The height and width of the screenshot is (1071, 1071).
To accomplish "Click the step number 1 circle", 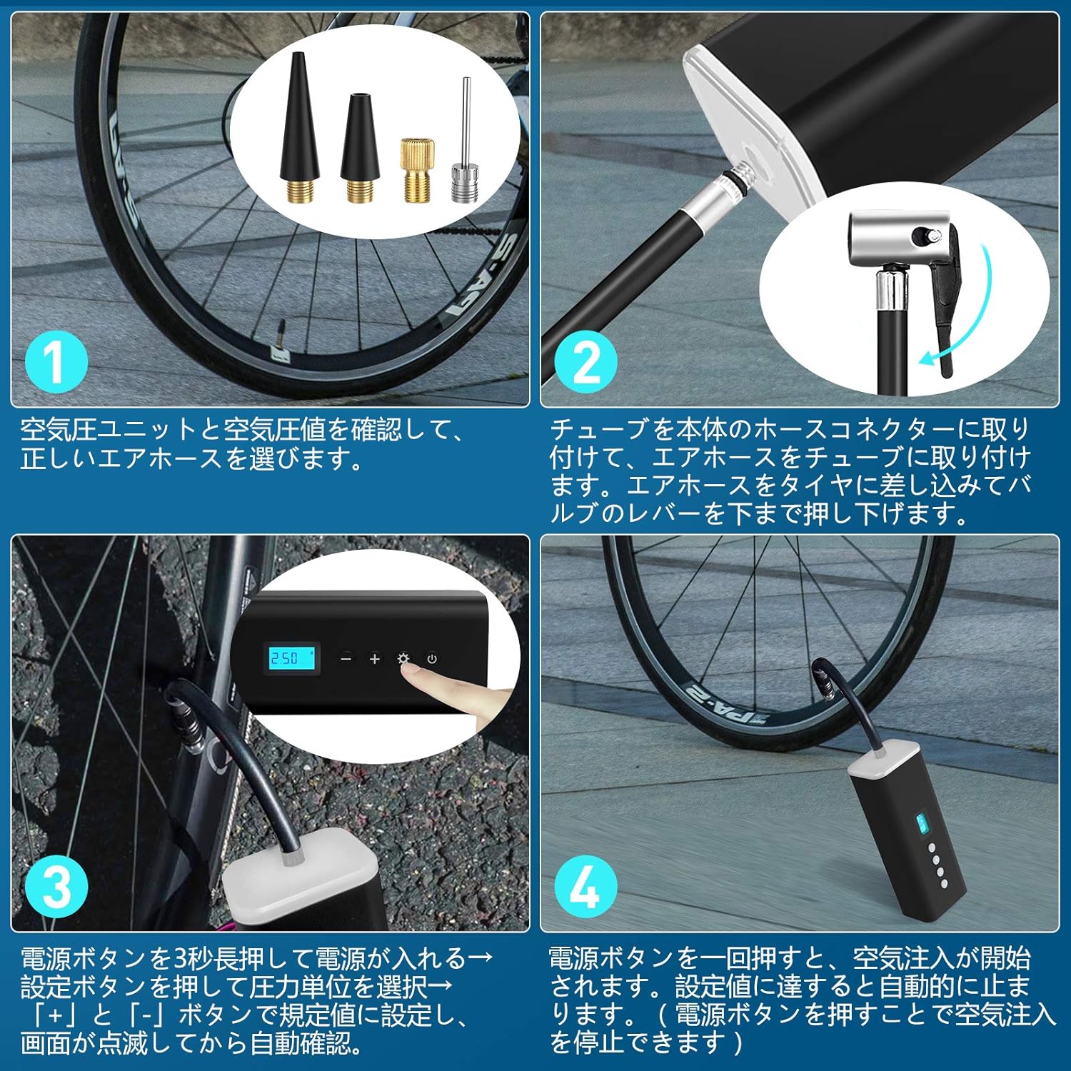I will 56,362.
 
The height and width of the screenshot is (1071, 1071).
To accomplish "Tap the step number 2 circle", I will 585,362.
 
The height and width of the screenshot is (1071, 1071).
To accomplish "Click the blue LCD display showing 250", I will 291,658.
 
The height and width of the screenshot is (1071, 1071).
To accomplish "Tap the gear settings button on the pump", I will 403,658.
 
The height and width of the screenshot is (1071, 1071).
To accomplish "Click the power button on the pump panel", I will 432,658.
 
